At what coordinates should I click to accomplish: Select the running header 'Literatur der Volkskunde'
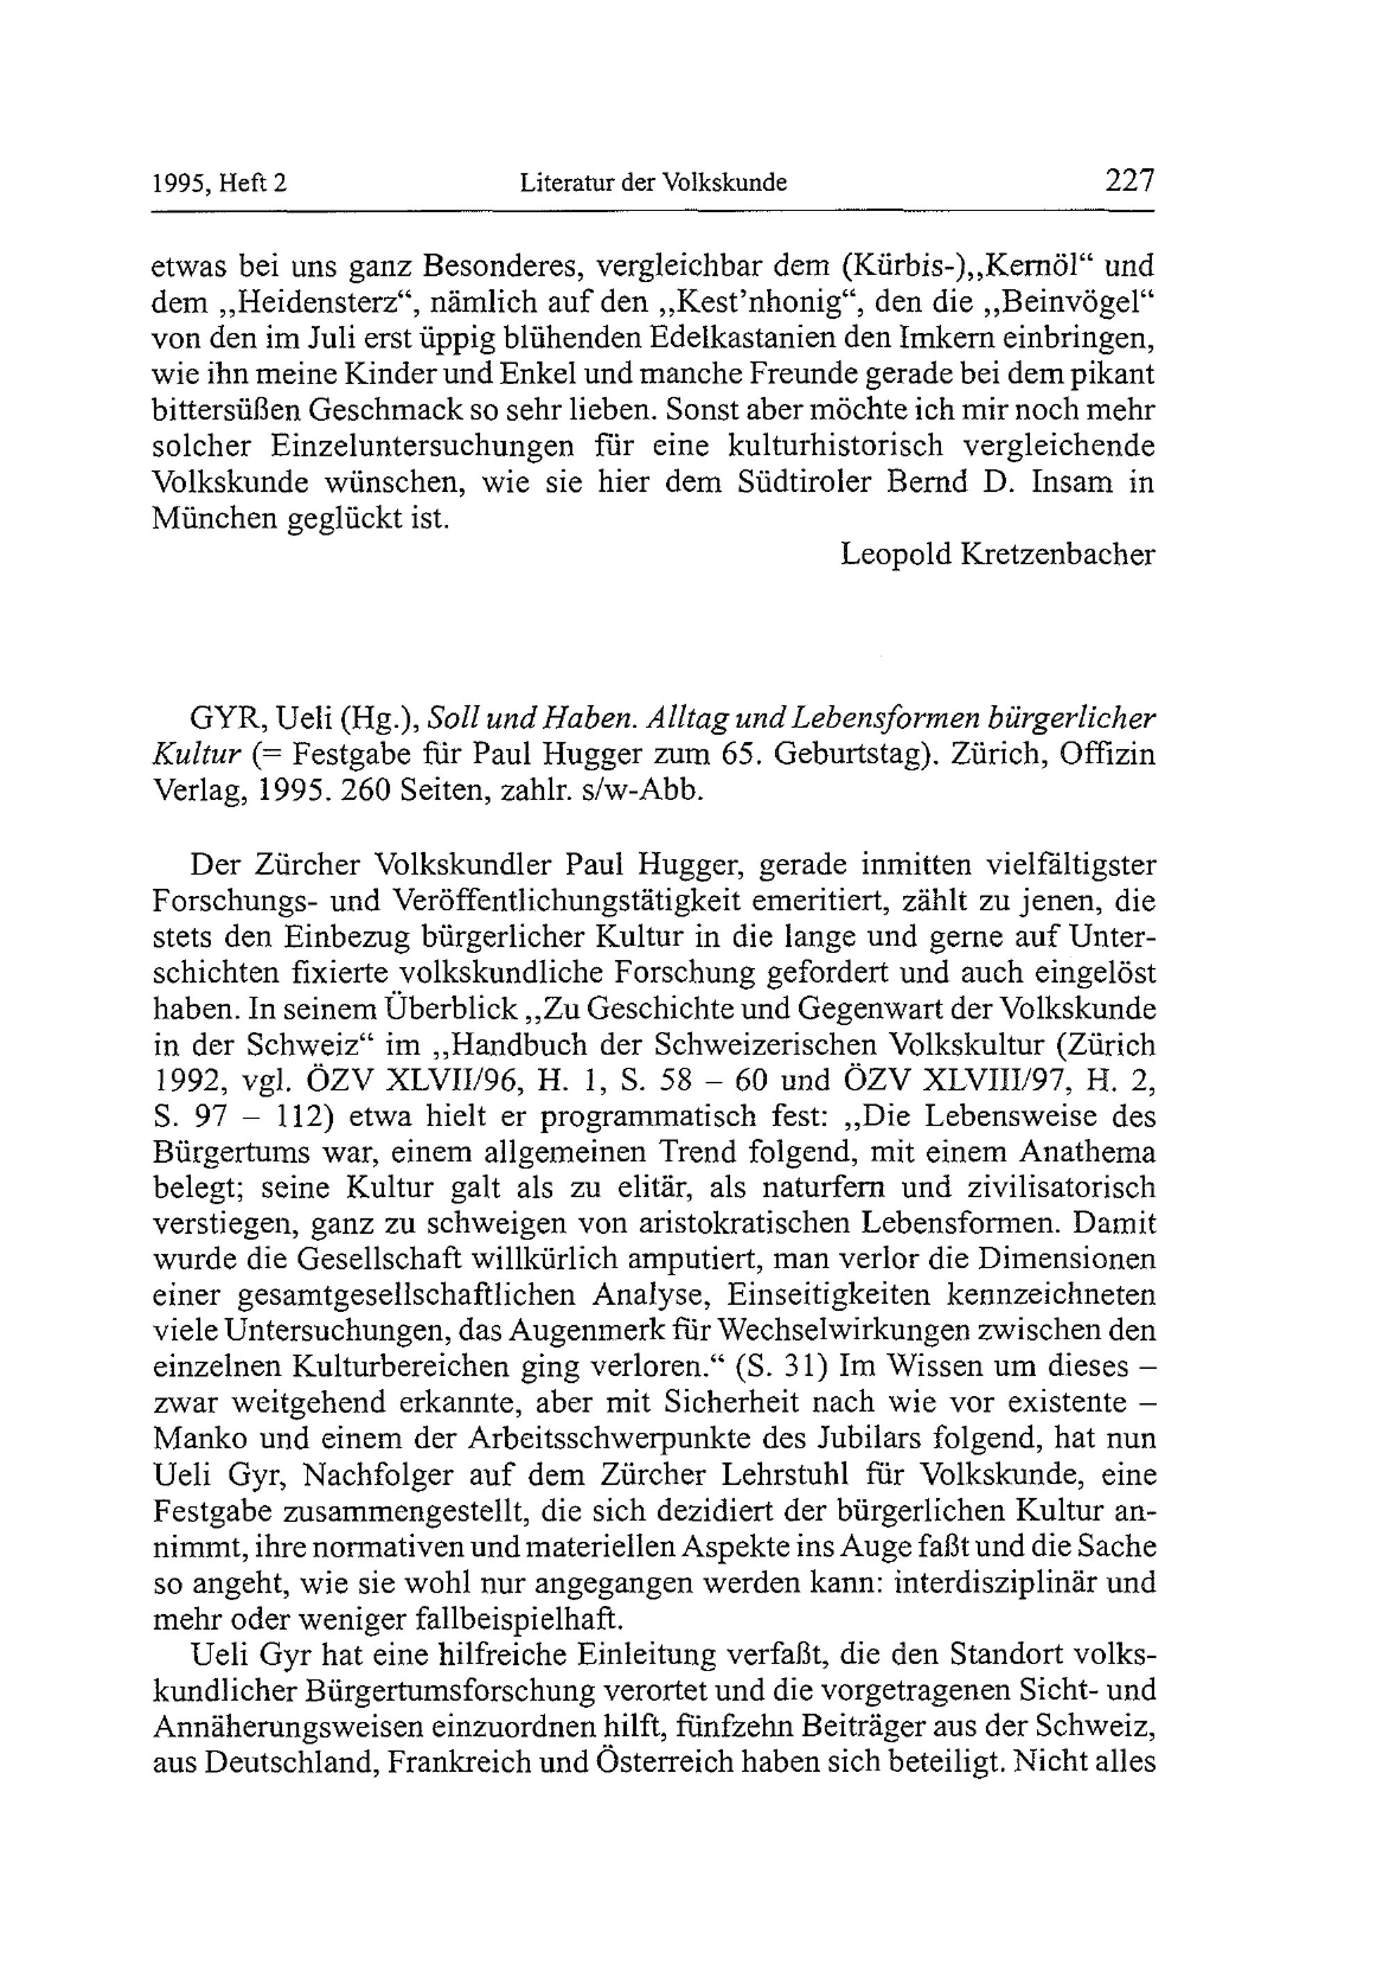(654, 183)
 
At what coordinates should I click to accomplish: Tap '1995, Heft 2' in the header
(219, 183)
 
